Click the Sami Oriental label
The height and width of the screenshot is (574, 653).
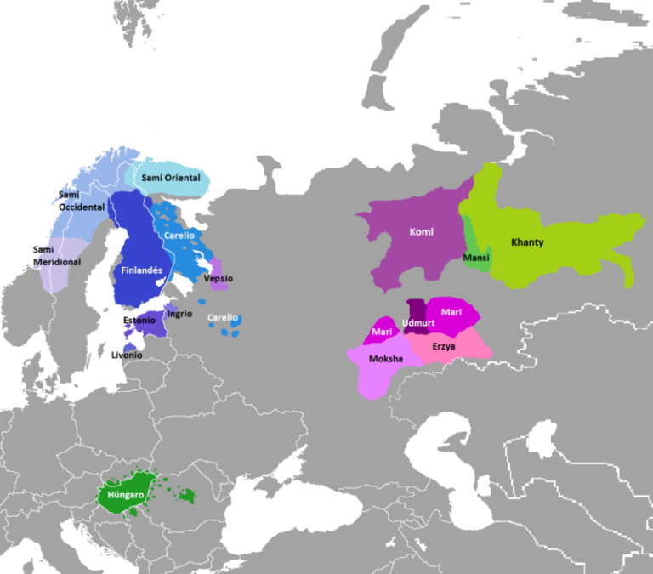[x=171, y=178]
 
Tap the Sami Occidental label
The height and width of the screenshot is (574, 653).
[x=82, y=201]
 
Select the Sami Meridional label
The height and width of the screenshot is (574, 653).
[x=56, y=255]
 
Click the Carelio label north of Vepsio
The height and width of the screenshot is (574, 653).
[x=179, y=235]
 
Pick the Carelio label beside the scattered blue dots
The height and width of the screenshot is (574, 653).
[x=223, y=317]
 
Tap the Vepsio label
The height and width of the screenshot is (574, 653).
[x=219, y=278]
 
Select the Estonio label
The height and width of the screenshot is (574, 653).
[x=139, y=321]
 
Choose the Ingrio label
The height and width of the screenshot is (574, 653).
[x=179, y=314]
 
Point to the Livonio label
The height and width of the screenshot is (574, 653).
[x=127, y=355]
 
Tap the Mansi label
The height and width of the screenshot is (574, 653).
[x=476, y=257]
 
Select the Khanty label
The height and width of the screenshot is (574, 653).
[x=527, y=242]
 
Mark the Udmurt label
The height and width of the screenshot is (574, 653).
[x=417, y=322]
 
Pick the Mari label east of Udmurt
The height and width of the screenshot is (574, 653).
[x=451, y=312]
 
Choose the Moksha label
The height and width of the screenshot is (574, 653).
[x=387, y=358]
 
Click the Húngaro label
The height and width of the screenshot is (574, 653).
[x=125, y=494]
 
